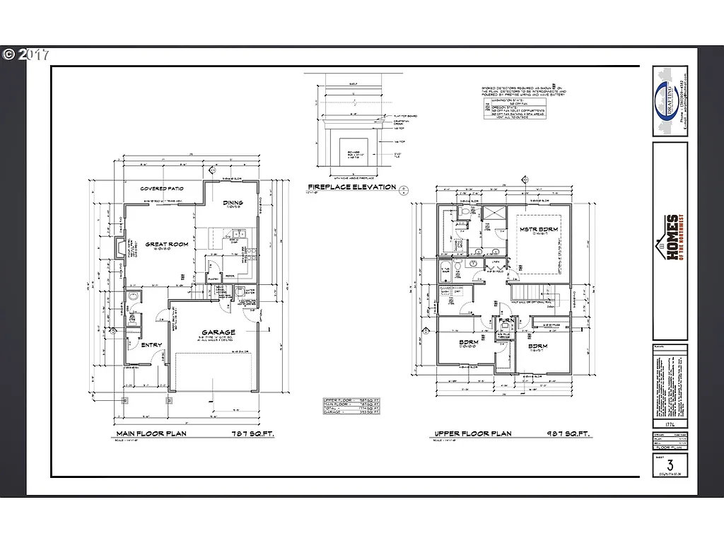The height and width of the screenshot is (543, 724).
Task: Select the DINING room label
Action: point(233,204)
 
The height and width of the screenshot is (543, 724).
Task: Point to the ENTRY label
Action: point(151,345)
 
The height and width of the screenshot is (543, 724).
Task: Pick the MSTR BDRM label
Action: point(537,230)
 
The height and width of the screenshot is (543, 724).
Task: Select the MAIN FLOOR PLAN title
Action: point(151,433)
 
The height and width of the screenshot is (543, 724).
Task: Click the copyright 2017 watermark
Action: point(25,54)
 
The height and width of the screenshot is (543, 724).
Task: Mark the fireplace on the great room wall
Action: point(119,248)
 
